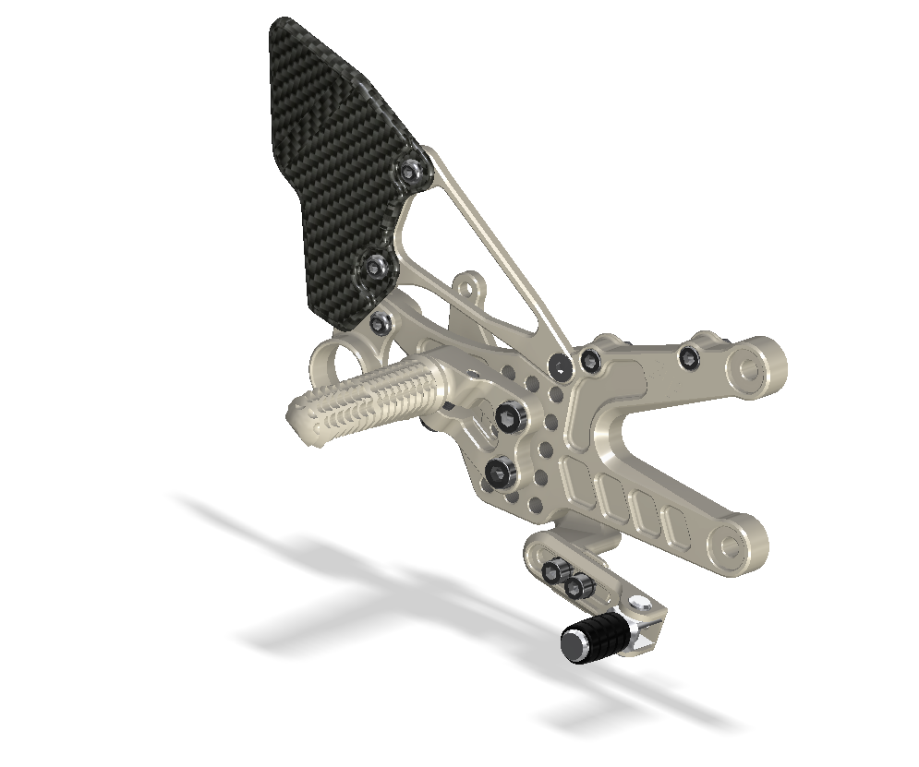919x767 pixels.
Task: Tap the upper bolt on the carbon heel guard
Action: pos(412,172)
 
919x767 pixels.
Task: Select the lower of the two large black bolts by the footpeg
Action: pos(500,474)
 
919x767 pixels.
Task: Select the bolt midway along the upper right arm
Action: pos(688,357)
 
